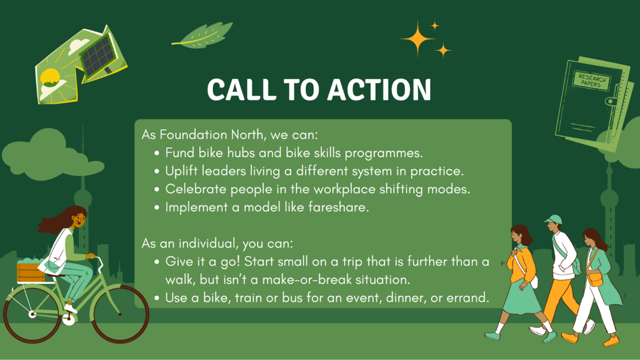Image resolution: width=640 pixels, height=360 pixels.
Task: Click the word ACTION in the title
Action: [379, 90]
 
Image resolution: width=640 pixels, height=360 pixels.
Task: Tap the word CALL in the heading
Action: [242, 90]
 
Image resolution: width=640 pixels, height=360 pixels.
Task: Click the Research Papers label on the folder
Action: [592, 80]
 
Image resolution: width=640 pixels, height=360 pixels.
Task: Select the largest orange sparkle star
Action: [418, 39]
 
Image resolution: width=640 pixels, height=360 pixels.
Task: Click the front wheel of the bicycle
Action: [120, 314]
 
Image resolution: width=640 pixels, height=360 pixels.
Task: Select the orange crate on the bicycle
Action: [31, 272]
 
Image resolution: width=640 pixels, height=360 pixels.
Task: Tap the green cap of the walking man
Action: [554, 220]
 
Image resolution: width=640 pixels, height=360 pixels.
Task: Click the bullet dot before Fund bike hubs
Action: [156, 153]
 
